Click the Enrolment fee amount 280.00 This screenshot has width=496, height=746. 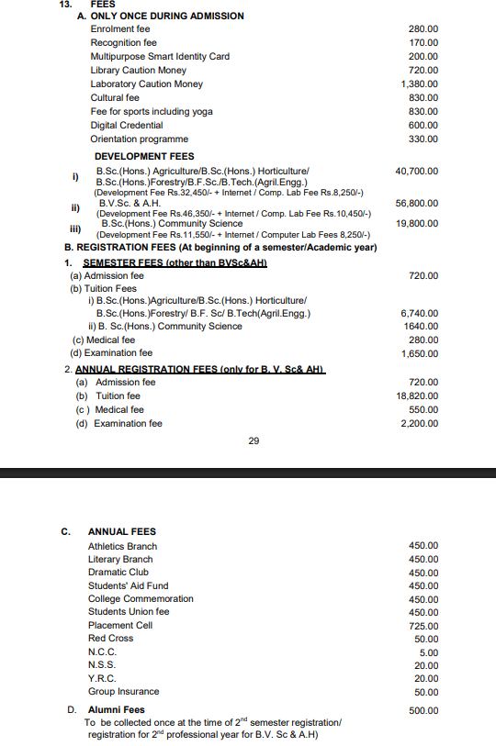click(423, 29)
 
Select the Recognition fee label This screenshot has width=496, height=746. click(123, 43)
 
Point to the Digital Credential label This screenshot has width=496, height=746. click(127, 126)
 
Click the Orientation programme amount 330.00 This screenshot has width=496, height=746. click(423, 139)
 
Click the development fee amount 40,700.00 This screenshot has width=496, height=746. click(417, 172)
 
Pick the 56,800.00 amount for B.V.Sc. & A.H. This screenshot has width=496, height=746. click(417, 203)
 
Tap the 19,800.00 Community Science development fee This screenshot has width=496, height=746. click(417, 224)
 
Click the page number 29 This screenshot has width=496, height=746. click(254, 441)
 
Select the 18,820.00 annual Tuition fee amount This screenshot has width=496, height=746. click(417, 396)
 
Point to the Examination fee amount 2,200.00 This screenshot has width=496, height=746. click(420, 424)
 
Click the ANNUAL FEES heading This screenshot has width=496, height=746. click(122, 531)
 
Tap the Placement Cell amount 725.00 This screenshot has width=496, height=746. click(423, 626)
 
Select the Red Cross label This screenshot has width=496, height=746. click(110, 639)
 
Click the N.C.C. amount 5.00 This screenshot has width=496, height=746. click(428, 652)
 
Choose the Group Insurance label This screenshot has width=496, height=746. click(123, 692)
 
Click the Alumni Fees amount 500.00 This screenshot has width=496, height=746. click(423, 710)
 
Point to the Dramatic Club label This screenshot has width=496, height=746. click(118, 572)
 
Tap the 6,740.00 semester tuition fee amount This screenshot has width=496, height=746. click(420, 314)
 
